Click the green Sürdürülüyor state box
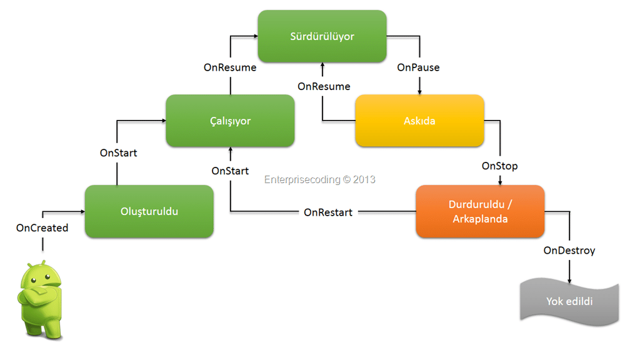(x=322, y=36)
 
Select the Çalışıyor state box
(x=230, y=121)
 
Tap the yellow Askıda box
(x=419, y=121)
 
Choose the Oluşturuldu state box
(x=149, y=211)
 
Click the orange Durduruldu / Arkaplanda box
(x=480, y=211)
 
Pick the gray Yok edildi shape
(x=569, y=302)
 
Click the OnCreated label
(x=42, y=227)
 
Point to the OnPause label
(x=418, y=67)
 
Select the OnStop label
(x=499, y=166)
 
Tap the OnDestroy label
(x=569, y=251)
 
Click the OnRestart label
(x=328, y=212)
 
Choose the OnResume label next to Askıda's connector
(x=324, y=86)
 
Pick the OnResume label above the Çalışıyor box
(x=230, y=67)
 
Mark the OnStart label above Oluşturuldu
(x=118, y=153)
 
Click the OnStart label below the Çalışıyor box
(x=230, y=171)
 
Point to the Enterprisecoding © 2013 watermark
(x=319, y=179)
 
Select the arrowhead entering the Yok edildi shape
(x=569, y=281)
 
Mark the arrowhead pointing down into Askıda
(x=419, y=92)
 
